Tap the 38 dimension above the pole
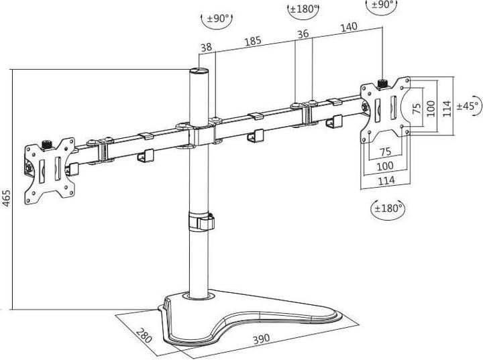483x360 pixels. [x=206, y=48]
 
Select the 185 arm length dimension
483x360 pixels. [x=253, y=42]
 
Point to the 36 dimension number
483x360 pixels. [x=303, y=34]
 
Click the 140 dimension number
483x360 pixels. [x=348, y=27]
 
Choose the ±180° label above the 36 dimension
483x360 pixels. [x=303, y=10]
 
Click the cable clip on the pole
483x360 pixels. [x=201, y=223]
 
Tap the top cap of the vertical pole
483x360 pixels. [x=198, y=70]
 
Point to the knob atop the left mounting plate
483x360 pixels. [x=48, y=143]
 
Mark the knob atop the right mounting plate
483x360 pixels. [x=383, y=83]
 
